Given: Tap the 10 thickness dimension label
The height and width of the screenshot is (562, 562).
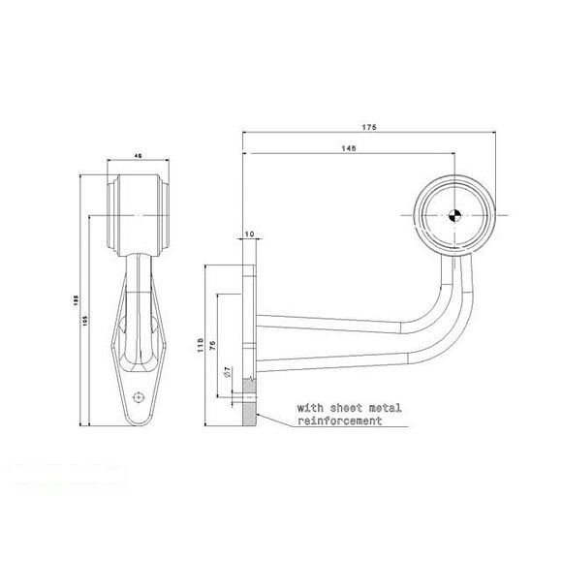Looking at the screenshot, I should [249, 234].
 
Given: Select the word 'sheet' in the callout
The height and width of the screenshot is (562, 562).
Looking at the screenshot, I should [340, 410].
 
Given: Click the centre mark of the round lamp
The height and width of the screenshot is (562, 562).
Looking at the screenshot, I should [453, 215].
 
